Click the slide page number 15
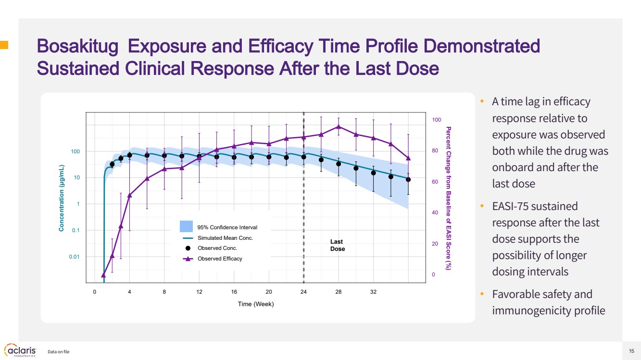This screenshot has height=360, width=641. point(631,350)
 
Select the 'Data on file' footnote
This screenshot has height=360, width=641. point(59,352)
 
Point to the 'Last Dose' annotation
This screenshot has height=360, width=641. point(338,246)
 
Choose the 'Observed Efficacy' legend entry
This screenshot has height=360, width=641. point(220,259)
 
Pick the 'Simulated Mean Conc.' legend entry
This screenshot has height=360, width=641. point(225,238)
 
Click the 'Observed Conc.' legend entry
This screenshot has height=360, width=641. point(217,248)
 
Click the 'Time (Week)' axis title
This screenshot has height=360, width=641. point(256,304)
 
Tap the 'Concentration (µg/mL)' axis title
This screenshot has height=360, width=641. point(62,198)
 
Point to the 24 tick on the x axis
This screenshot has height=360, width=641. point(303,292)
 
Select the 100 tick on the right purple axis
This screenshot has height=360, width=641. point(436,120)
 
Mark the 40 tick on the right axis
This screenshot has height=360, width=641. point(435,213)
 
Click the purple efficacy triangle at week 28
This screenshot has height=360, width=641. point(339,127)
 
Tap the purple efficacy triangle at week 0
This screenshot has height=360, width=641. point(103,275)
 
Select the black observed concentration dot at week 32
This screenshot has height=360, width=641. point(373,173)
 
